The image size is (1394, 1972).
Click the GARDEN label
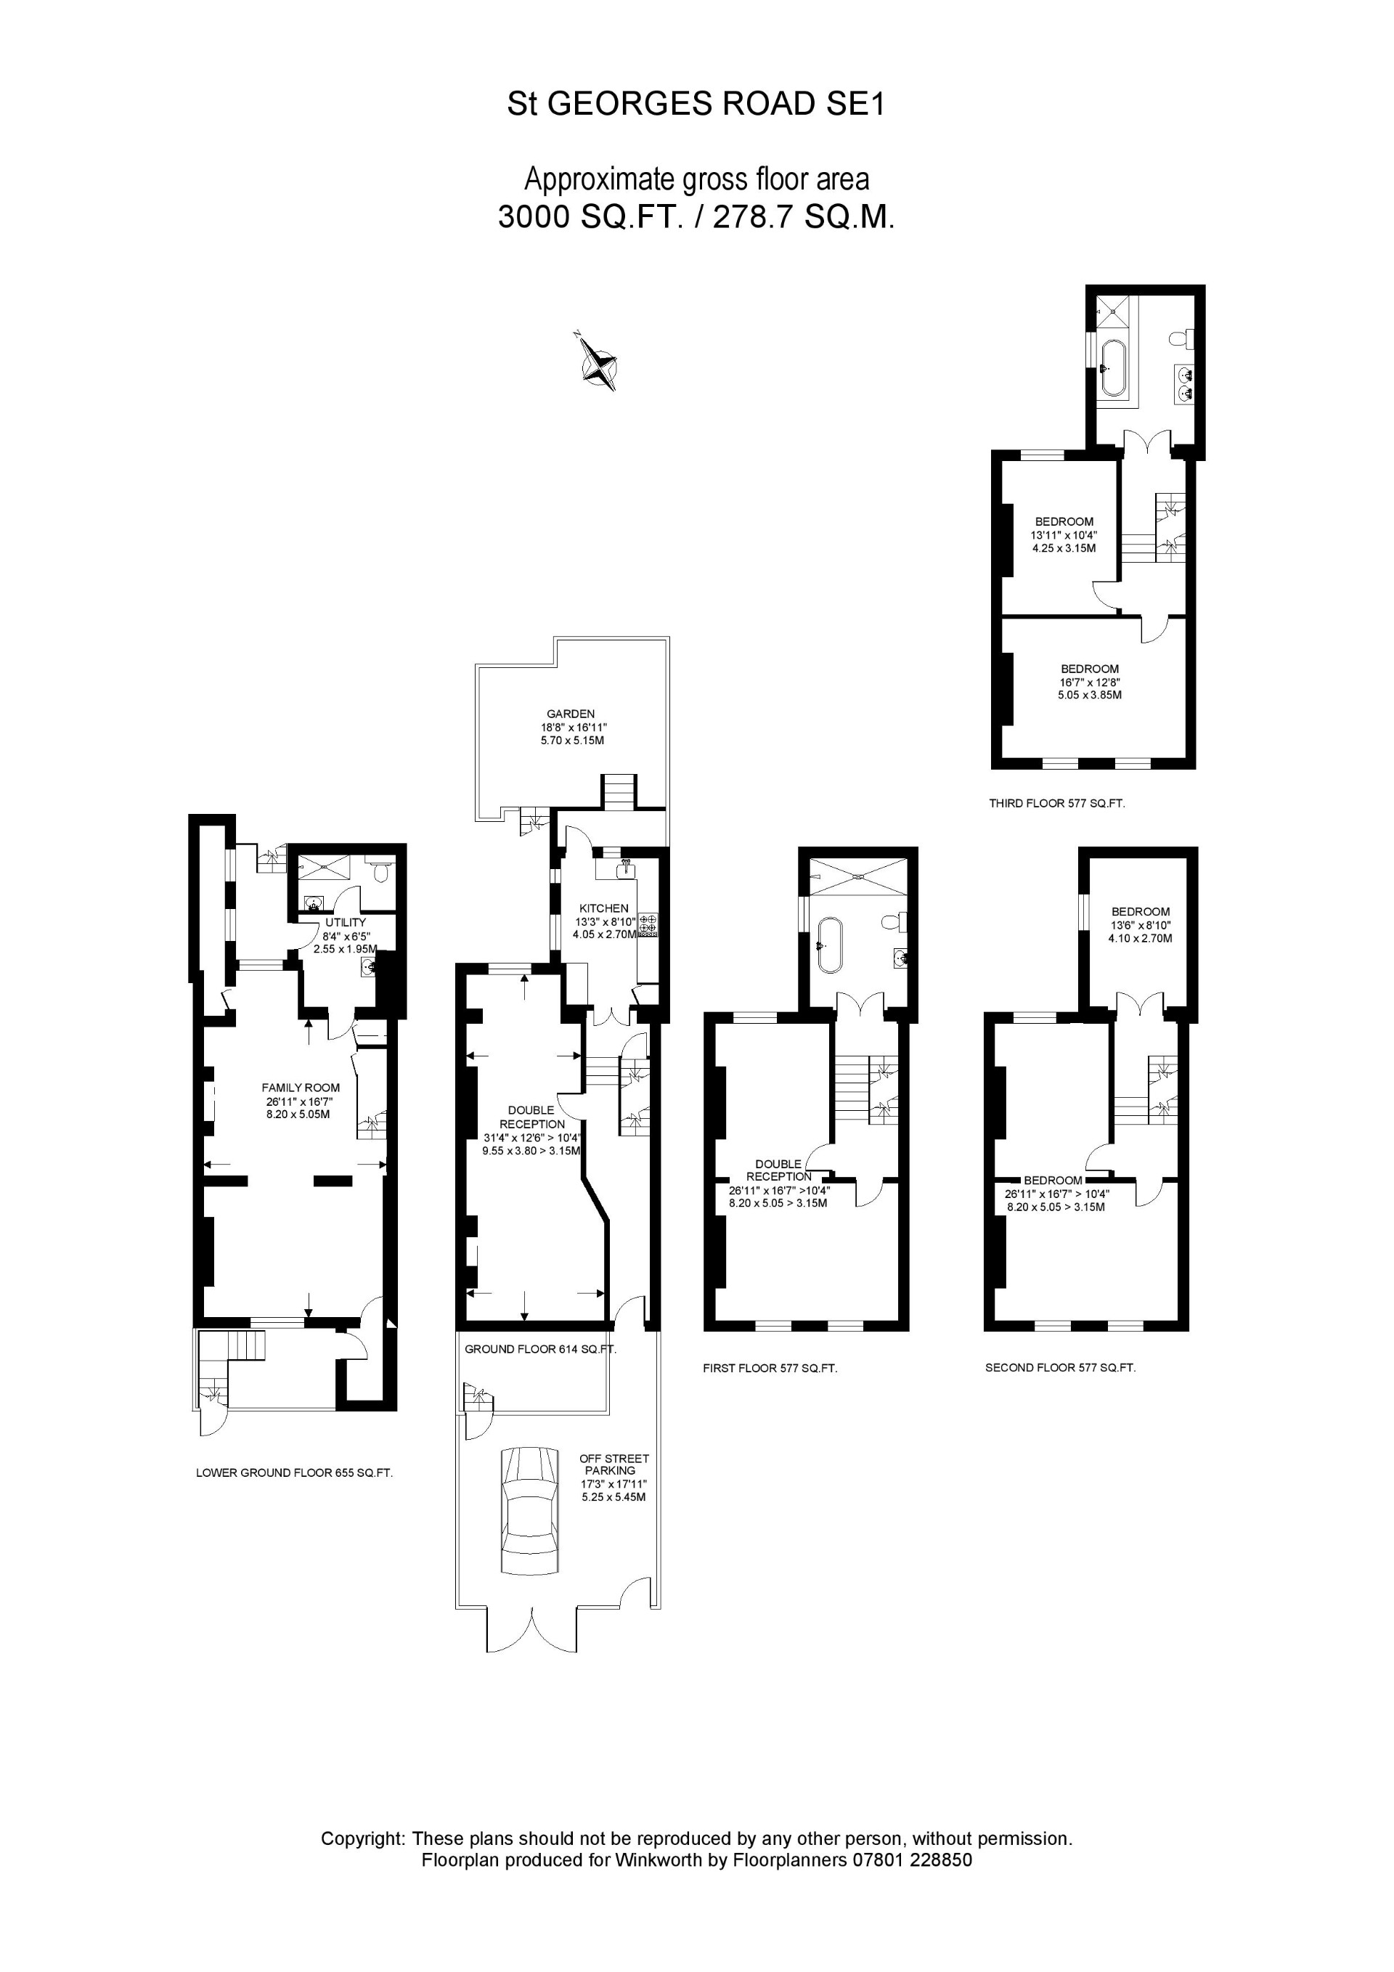[x=571, y=714]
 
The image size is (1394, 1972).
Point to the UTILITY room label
[x=346, y=922]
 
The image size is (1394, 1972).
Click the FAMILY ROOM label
[x=301, y=1088]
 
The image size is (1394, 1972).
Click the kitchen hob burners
[x=648, y=924]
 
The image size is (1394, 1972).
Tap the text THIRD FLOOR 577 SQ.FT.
[x=1056, y=804]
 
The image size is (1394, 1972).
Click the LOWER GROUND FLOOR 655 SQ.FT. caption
[x=294, y=1473]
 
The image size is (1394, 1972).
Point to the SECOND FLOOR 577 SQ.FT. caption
[x=1060, y=1367]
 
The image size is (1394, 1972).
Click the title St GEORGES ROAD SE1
[x=696, y=104]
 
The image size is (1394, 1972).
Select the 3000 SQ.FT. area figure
[x=590, y=217]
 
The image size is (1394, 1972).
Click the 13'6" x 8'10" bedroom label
[x=1140, y=926]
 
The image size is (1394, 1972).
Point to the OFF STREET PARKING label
[x=614, y=1464]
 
